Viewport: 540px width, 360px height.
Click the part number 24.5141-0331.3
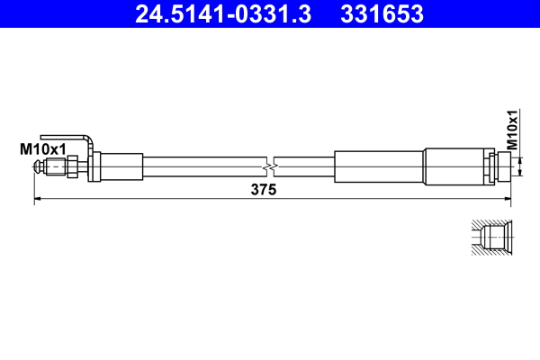pyautogui.click(x=225, y=14)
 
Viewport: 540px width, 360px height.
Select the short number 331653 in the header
pyautogui.click(x=382, y=14)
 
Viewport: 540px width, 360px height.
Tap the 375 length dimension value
pyautogui.click(x=263, y=190)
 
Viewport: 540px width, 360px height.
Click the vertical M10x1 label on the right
pyautogui.click(x=511, y=130)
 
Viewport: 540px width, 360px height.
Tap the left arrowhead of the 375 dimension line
pyautogui.click(x=38, y=199)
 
